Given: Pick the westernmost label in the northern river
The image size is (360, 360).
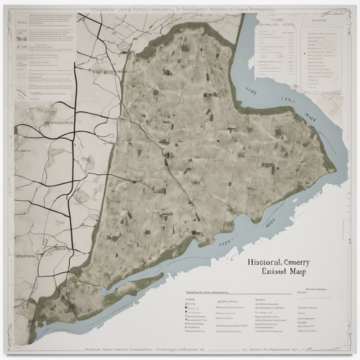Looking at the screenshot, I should click(x=251, y=91).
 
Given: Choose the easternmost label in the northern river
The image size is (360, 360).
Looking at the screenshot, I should click(x=310, y=117).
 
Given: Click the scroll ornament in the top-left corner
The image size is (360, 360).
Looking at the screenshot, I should click(x=17, y=16).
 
